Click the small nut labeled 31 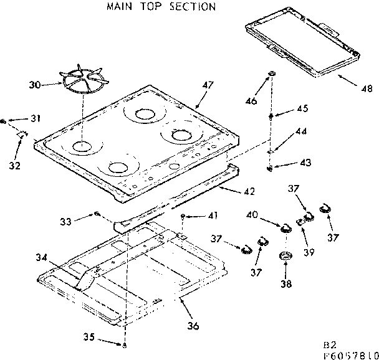pyautogui.click(x=5, y=120)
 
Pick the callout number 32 pyautogui.click(x=14, y=165)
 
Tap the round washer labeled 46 pyautogui.click(x=272, y=75)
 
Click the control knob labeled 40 pyautogui.click(x=286, y=227)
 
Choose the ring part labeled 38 pyautogui.click(x=285, y=256)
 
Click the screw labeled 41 pyautogui.click(x=182, y=217)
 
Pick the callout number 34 pyautogui.click(x=42, y=257)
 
